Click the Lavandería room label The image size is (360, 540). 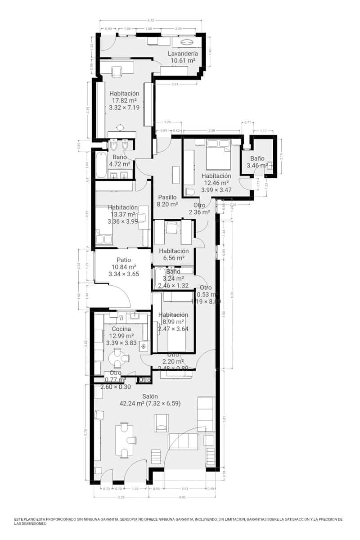[183, 54]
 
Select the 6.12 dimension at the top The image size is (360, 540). [151, 20]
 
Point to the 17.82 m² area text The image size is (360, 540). [123, 101]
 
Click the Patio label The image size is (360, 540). [123, 260]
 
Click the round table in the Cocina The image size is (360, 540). [117, 358]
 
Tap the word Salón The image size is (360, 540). [150, 396]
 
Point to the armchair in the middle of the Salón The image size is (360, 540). [162, 423]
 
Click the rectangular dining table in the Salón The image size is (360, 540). [125, 440]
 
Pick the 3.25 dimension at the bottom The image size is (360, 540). [121, 497]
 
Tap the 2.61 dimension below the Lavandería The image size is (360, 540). [175, 84]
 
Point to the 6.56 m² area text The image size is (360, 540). [174, 258]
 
